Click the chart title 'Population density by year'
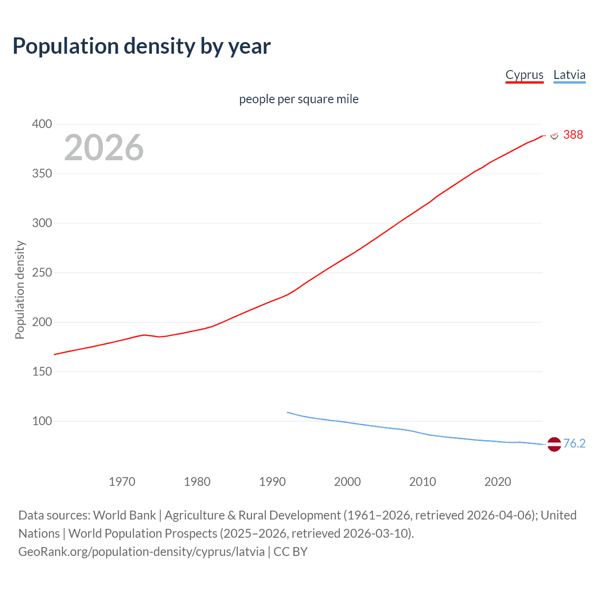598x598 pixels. coord(142,46)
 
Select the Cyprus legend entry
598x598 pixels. coord(524,75)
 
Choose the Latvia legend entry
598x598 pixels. coord(569,75)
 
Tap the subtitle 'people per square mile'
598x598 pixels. coord(299,99)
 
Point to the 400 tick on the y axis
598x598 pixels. coord(42,124)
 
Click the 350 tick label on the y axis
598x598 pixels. coord(42,173)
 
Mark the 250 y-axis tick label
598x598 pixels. coord(42,272)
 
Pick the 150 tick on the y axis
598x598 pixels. coord(42,371)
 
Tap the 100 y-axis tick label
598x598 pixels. coord(42,421)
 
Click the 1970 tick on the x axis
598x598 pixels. coord(122,481)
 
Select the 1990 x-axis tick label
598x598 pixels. coord(272,481)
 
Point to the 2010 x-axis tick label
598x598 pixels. coord(422,481)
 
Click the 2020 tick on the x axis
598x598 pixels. coord(498,481)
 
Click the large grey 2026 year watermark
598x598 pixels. coord(104,148)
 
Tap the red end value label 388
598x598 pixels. coord(573,135)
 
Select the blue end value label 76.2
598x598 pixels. coord(574,443)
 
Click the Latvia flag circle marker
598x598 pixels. coord(554,444)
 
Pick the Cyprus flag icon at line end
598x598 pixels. coord(554,135)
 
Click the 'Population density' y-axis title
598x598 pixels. coord(20,290)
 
